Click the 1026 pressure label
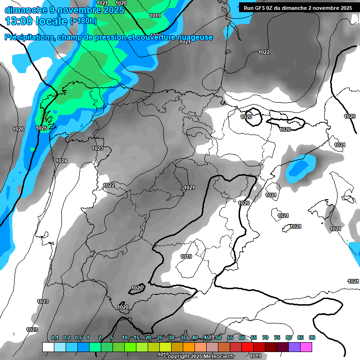tap(18, 129)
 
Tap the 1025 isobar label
tap(41, 128)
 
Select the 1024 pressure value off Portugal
tap(61, 161)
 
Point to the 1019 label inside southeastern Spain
tap(186, 256)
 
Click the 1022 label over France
tap(264, 52)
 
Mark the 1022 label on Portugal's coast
tap(109, 185)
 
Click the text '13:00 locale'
tap(36, 21)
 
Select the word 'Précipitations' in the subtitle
tap(28, 37)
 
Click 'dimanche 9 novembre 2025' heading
tap(61, 9)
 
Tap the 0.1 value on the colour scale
tap(55, 337)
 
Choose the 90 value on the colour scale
tap(312, 337)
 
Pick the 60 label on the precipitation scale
tap(242, 337)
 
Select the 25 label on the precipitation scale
tap(160, 337)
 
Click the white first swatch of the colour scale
tap(48, 347)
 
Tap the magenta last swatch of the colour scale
tap(306, 347)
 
